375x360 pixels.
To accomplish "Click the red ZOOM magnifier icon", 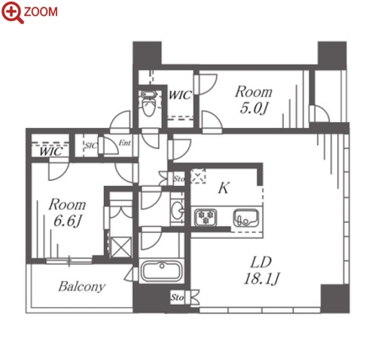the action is click(13, 13).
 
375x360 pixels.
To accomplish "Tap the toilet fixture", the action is click(148, 103).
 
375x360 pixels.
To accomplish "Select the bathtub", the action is click(161, 271).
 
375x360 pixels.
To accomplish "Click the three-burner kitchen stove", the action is click(206, 217).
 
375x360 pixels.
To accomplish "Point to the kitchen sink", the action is click(246, 218).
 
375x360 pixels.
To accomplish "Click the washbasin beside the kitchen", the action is click(178, 210).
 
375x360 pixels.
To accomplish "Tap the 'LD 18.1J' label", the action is click(261, 270).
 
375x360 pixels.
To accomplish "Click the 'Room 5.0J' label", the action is click(254, 99).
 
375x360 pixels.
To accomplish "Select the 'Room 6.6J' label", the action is click(67, 212).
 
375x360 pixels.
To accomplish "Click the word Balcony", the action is click(82, 287).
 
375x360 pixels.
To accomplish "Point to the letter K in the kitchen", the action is click(224, 188).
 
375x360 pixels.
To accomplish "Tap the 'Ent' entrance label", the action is click(125, 143).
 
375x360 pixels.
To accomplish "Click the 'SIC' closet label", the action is click(90, 145).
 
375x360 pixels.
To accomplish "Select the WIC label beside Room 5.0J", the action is click(180, 95).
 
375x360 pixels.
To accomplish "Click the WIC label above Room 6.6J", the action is click(51, 151).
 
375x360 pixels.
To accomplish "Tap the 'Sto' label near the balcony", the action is click(177, 297).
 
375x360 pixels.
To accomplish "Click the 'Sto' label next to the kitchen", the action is click(179, 178).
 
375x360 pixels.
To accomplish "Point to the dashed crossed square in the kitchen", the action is click(198, 175).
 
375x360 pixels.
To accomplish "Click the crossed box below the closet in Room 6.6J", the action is click(121, 247).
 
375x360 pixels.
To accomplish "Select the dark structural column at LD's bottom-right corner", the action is click(335, 299).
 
